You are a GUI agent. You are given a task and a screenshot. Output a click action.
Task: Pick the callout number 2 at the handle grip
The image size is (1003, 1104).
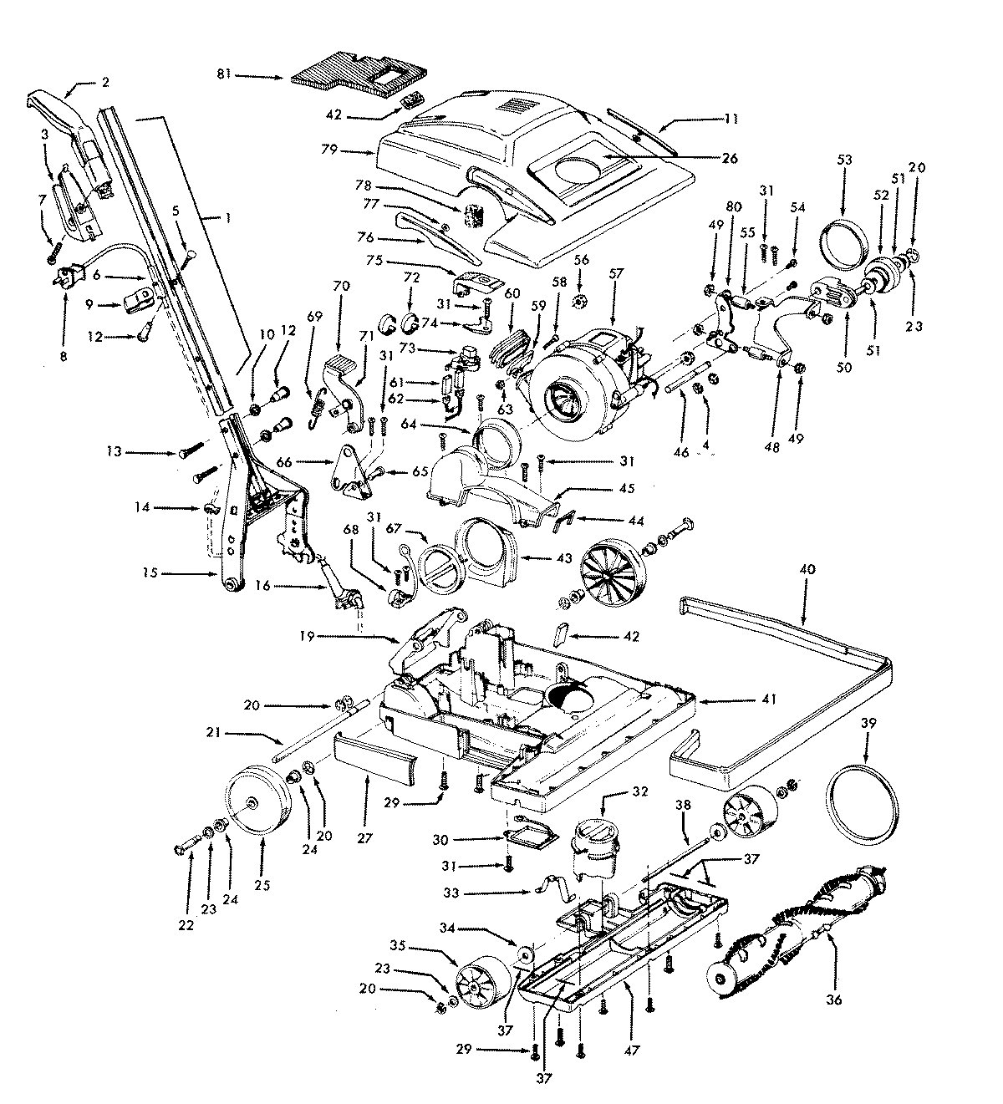tap(106, 82)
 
